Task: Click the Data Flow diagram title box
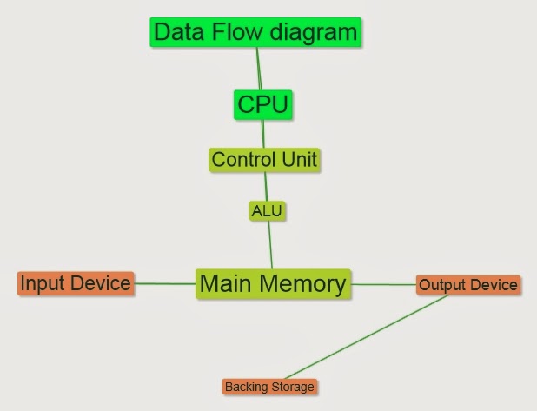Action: [x=255, y=33]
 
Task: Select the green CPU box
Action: [x=262, y=105]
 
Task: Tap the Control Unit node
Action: [x=264, y=160]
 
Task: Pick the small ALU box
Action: [x=267, y=210]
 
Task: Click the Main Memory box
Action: [x=273, y=283]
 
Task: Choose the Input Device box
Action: [x=76, y=283]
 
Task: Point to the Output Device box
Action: [x=468, y=284]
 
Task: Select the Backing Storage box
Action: [x=269, y=387]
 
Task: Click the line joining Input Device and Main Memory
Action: [x=164, y=283]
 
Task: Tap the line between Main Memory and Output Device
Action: [x=384, y=284]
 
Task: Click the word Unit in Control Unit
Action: [x=298, y=160]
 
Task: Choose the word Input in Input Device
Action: [x=40, y=283]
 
